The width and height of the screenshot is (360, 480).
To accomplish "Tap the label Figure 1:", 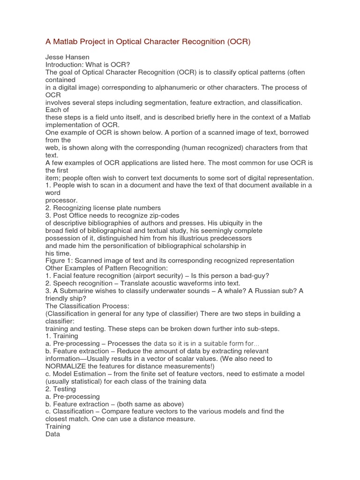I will (x=59, y=261).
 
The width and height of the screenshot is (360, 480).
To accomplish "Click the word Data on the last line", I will (x=53, y=434).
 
